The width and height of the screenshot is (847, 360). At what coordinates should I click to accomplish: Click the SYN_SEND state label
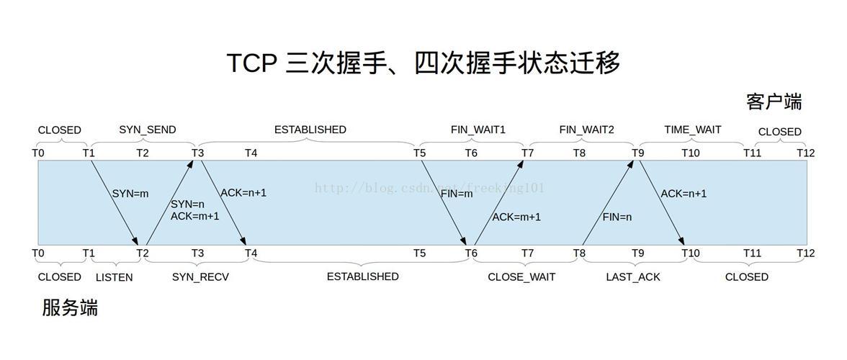pos(147,130)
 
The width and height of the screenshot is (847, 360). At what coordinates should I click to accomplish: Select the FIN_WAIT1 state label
pos(478,130)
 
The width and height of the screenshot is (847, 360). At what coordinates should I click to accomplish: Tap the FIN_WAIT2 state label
pos(586,130)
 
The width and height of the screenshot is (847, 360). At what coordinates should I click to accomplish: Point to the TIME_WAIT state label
pos(692,130)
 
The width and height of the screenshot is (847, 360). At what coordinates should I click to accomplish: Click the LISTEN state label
pos(114,277)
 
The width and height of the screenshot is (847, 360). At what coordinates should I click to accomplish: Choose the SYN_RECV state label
pos(200,277)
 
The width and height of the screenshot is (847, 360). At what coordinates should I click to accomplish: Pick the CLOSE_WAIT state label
pos(521,277)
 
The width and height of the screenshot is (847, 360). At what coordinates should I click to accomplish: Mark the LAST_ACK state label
pos(633,277)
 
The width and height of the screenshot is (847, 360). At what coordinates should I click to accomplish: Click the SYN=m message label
pos(130,194)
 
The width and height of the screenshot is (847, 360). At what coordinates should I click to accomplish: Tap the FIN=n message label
pos(617,217)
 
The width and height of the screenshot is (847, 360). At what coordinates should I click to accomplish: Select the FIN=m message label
pos(457,194)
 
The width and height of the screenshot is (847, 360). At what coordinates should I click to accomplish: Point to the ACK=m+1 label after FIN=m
pos(516,217)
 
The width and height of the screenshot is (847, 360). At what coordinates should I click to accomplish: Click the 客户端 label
pos(774,102)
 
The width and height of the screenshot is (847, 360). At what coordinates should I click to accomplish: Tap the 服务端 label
pos(70,308)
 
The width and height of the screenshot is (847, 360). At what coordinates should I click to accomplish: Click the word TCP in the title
pos(251,63)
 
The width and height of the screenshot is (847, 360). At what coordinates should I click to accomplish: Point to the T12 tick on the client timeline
pos(805,153)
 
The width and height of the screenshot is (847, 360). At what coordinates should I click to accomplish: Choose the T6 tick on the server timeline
pos(471,253)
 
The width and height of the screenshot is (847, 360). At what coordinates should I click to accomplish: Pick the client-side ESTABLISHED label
pos(310,130)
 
